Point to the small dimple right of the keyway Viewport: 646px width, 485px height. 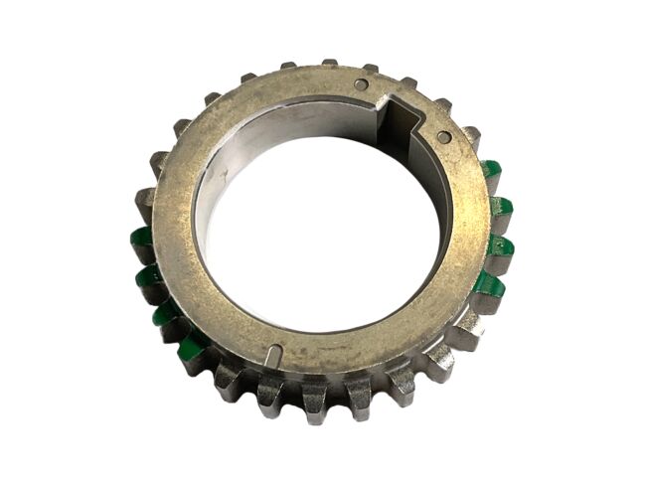pyautogui.click(x=444, y=136)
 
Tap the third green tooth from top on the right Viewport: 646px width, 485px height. pyautogui.click(x=503, y=245)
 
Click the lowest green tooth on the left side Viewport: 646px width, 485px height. pyautogui.click(x=193, y=345)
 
